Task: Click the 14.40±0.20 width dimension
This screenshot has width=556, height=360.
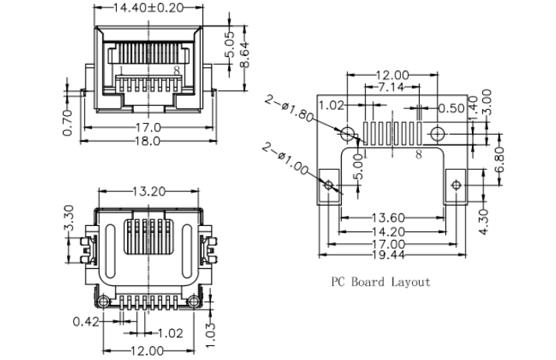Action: coord(149,8)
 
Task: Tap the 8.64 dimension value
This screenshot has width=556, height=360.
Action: coord(245,55)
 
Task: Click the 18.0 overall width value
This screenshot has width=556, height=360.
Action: coord(148,140)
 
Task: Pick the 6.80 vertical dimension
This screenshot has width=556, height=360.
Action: coord(500,161)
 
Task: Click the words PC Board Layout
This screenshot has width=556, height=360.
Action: coord(381,281)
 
